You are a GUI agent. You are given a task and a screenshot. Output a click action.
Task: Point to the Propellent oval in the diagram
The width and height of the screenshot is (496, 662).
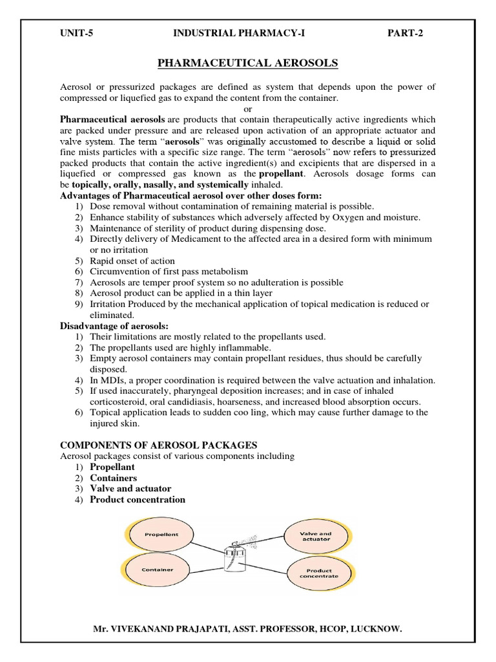coord(161,535)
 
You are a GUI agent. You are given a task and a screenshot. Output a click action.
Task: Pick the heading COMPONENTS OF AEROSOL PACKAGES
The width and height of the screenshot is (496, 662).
coord(158,445)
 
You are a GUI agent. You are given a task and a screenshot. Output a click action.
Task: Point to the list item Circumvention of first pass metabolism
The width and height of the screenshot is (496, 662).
coord(169,272)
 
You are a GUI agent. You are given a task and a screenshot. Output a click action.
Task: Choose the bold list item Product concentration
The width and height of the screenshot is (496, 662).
coord(138,499)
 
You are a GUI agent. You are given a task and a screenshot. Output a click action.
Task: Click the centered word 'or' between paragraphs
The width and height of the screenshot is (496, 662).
coord(248,109)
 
